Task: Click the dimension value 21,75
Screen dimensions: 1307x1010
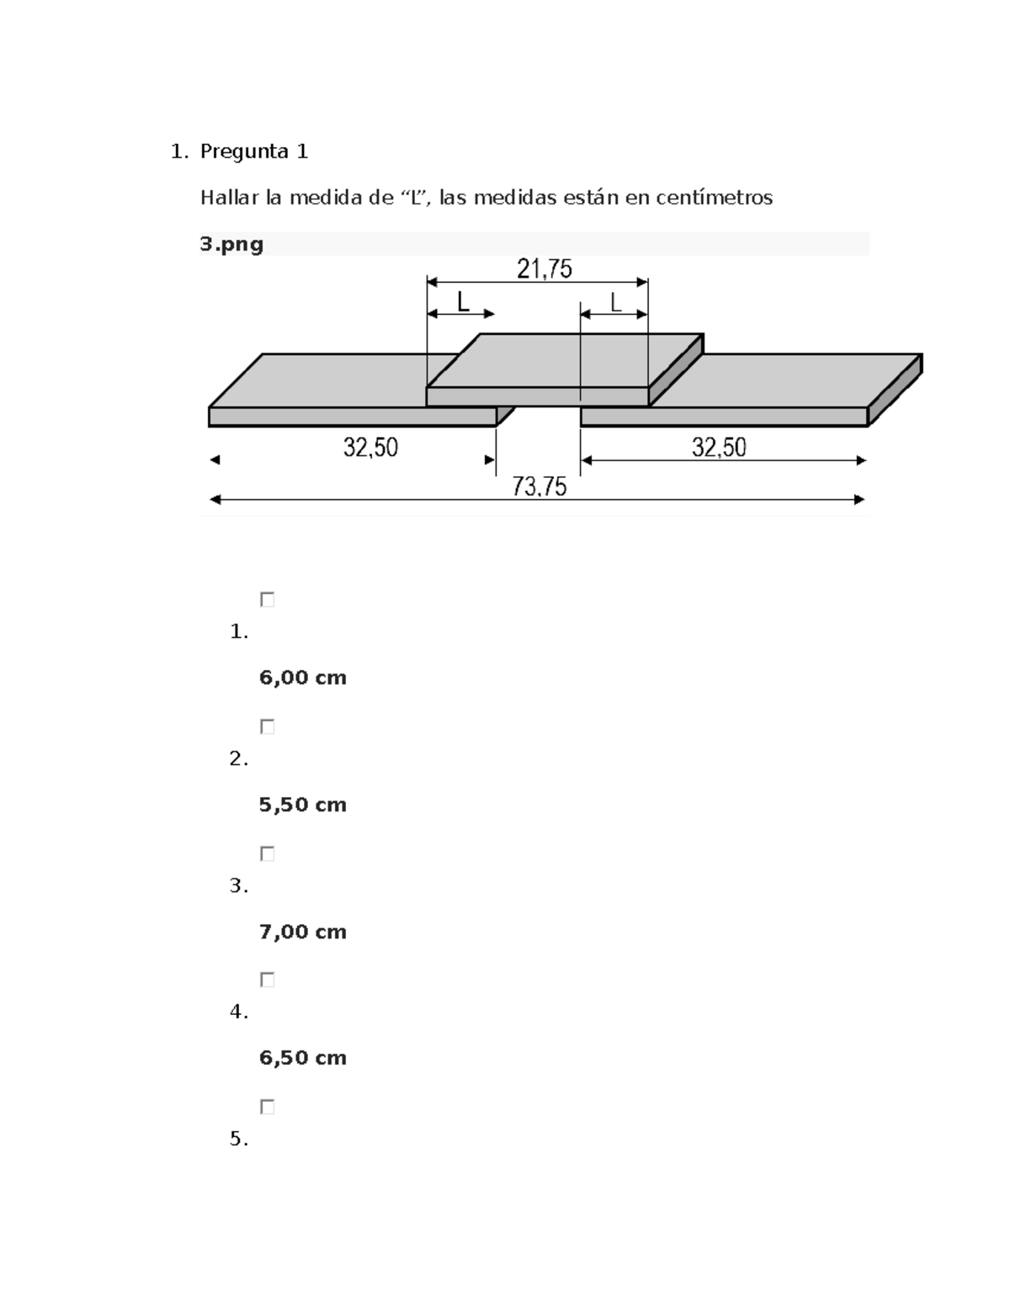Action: pos(544,269)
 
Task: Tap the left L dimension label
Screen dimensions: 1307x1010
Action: pos(463,302)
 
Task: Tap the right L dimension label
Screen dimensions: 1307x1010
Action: pos(616,302)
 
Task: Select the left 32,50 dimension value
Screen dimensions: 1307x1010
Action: pos(370,448)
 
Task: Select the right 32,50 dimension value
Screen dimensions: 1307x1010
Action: pos(719,448)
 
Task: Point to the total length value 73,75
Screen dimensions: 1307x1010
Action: pos(540,486)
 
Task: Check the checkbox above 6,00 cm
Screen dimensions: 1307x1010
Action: pos(268,600)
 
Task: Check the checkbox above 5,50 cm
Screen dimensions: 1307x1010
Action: pos(268,727)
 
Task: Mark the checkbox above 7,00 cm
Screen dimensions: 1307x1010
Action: pos(268,853)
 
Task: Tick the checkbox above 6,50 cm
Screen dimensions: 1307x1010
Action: pos(268,980)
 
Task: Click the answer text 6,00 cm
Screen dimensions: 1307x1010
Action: pos(303,677)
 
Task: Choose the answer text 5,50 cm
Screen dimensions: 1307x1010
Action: pos(303,805)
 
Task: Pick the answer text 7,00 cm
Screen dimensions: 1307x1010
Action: pos(303,932)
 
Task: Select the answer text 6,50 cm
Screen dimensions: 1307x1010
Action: pos(303,1058)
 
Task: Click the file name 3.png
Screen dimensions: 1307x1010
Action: pos(231,244)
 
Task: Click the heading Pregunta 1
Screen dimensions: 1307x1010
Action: pos(254,151)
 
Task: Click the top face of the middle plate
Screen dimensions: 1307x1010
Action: pos(564,360)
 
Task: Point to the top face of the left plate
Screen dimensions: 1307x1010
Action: pos(337,380)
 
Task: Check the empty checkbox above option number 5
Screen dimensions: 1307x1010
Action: pos(268,1107)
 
